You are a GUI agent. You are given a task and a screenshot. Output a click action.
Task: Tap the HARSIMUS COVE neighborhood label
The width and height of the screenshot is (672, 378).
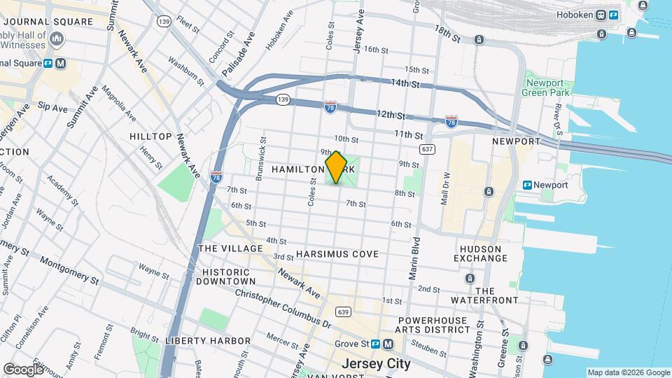[337, 254]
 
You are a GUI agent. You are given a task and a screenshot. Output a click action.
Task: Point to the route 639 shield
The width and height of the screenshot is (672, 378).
[343, 311]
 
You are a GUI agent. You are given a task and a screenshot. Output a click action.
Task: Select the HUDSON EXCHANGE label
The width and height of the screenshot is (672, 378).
[480, 253]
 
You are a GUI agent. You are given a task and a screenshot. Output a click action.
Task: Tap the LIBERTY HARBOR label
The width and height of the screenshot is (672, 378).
[207, 341]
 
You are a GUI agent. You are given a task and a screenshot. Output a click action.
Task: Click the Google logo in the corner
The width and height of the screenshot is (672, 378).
[23, 369]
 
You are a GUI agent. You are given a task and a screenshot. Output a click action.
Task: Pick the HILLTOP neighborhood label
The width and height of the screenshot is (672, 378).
[150, 136]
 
